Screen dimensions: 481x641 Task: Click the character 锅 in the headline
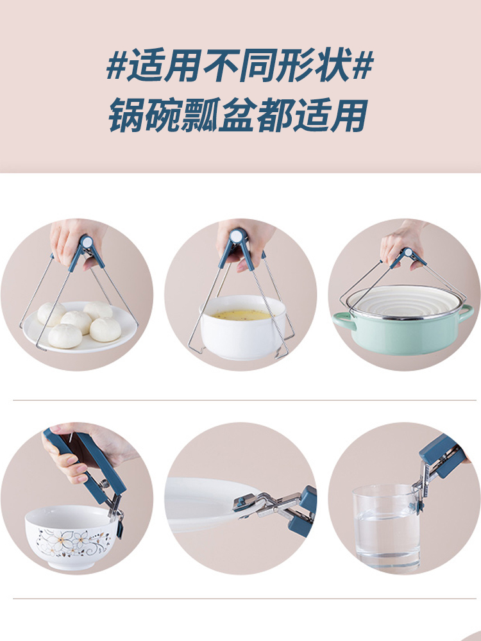tap(126, 115)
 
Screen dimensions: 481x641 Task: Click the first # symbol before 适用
tap(115, 65)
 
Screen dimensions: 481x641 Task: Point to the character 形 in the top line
tap(294, 65)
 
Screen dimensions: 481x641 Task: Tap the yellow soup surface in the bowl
tap(242, 315)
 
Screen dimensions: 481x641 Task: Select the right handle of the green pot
tap(466, 314)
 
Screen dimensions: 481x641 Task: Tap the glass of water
tap(387, 528)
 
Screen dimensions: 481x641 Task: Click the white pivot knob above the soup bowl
tap(237, 236)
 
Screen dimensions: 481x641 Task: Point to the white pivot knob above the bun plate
tap(87, 241)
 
